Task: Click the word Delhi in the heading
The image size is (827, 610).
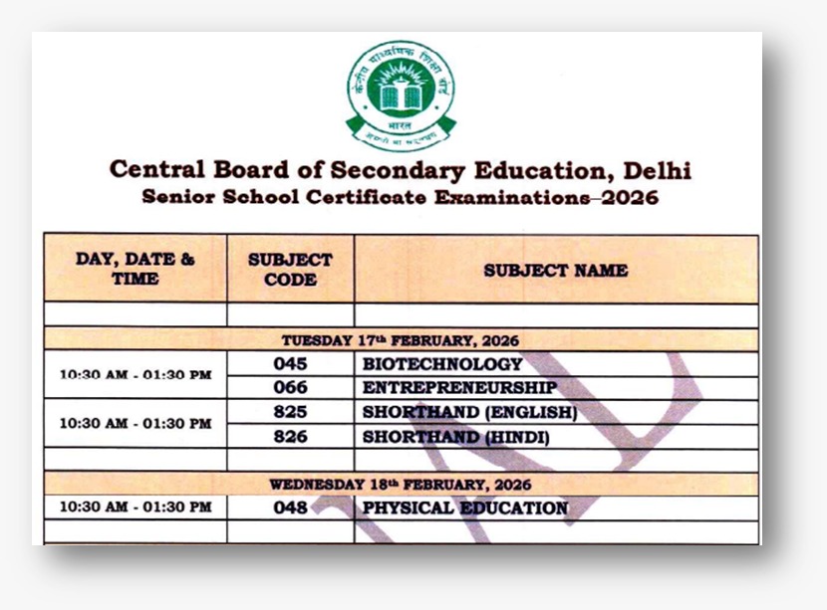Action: (655, 170)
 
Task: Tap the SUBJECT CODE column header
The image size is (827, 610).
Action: (290, 270)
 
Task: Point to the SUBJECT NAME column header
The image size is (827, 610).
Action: (555, 270)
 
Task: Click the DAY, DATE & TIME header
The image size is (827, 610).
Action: (136, 270)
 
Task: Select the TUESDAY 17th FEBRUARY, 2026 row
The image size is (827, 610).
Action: (400, 340)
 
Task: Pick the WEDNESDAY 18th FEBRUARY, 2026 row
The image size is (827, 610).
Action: (400, 485)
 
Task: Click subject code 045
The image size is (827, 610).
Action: (290, 364)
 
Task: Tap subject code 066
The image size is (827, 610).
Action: (290, 388)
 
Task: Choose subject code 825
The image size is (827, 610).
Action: (290, 412)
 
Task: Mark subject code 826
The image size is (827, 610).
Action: (290, 437)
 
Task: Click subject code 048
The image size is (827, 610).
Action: (290, 508)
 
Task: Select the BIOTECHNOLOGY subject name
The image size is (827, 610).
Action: (442, 364)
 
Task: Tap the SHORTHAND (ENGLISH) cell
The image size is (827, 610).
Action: (469, 412)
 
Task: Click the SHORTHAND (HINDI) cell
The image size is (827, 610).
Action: (456, 437)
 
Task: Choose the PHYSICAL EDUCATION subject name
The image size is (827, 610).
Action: (465, 508)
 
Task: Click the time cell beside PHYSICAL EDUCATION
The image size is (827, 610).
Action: (136, 508)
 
